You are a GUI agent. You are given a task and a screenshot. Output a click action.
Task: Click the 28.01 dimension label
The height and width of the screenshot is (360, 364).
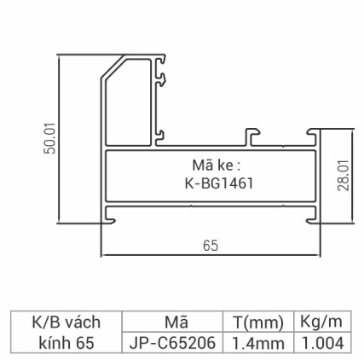coord(343,177)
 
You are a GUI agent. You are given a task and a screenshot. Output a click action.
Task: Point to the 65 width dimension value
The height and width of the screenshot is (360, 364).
coord(210,245)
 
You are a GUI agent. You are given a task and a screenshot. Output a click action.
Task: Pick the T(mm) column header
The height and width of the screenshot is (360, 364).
coord(257,322)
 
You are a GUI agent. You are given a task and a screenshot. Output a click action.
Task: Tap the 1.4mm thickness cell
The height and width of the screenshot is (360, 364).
coord(257,343)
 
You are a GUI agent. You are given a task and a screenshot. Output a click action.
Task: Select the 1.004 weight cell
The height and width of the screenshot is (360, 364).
coord(321,343)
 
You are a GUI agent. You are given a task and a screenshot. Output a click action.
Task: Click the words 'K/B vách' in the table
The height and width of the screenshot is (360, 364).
coord(66,322)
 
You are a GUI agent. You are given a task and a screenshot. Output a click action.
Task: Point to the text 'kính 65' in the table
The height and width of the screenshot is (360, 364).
coord(66,343)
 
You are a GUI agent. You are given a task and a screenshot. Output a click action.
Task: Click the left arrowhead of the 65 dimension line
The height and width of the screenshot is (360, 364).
coord(105,254)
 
